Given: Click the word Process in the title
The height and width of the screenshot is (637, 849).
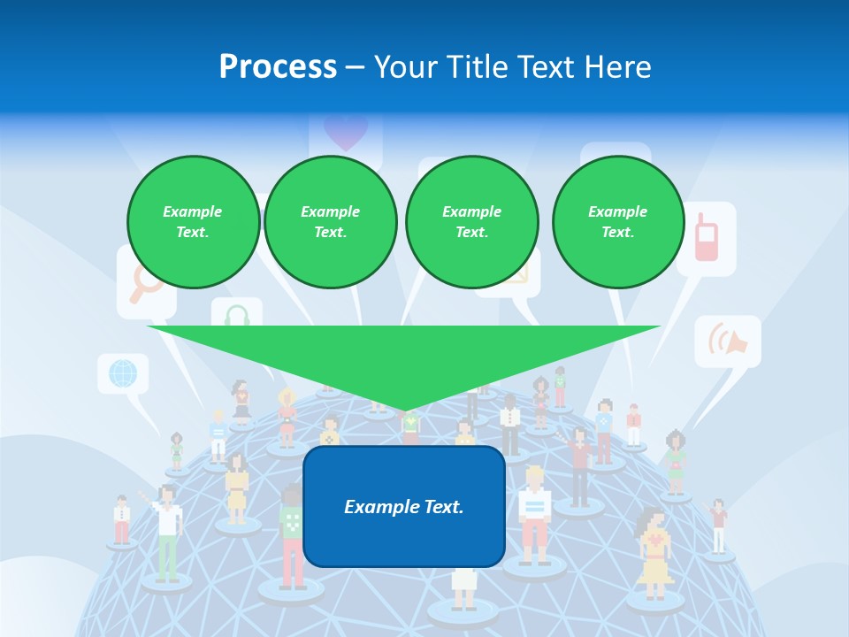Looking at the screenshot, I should pos(278,66).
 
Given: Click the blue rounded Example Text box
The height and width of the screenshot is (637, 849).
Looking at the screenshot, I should pos(404,506).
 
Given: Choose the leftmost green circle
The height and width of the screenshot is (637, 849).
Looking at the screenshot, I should pos(193,222).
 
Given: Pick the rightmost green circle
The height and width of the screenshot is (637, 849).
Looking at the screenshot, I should pos(617,222).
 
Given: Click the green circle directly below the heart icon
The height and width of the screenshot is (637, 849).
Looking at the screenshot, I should pos(330,222).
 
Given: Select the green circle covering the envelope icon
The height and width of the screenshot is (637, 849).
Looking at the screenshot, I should pos(471,222).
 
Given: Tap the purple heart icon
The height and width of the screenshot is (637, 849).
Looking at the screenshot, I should pos(345,134).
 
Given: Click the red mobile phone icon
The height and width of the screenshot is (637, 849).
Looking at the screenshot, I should pos(706,237).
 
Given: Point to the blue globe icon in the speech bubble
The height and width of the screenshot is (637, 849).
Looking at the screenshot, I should pos(123,372).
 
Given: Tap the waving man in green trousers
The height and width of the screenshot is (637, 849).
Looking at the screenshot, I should pos(166,531).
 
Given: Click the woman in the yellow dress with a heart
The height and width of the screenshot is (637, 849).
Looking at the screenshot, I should pos(654,553).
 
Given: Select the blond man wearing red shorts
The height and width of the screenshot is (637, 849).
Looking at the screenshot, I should pos(534,513).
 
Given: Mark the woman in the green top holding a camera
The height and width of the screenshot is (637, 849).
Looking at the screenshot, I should pos(676,460).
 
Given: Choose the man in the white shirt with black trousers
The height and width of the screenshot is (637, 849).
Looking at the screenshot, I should pos(510,425).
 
